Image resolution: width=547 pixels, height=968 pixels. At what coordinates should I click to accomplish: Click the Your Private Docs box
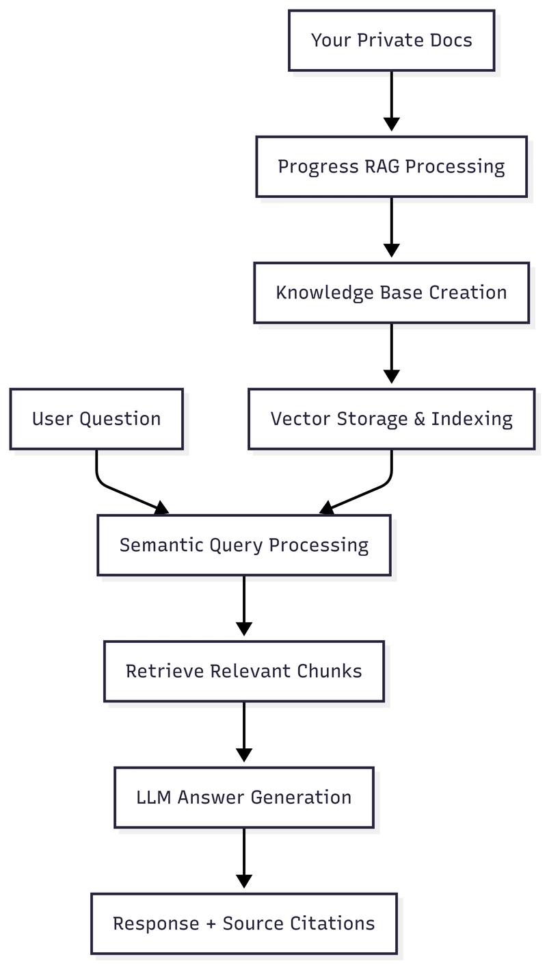391,40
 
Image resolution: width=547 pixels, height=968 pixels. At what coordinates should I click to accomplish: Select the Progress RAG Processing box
391,166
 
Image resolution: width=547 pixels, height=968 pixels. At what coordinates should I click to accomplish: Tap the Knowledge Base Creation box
391,292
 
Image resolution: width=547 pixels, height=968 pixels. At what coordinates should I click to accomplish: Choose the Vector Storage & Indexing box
391,419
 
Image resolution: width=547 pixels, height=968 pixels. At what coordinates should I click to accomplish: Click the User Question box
96,419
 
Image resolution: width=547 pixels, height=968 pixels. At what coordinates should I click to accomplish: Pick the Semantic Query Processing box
243,545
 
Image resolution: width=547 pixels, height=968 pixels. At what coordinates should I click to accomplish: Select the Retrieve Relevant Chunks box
243,671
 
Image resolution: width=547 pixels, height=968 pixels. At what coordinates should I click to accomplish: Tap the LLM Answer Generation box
243,797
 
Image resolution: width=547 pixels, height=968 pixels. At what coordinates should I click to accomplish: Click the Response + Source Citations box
243,924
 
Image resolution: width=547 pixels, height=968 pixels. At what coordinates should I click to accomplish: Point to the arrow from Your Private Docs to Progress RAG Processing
391,99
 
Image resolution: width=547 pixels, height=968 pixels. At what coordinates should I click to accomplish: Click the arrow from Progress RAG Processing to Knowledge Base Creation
391,226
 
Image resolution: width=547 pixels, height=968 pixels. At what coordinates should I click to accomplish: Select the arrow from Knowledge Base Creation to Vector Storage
391,352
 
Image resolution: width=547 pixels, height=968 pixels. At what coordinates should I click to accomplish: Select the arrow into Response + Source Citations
243,856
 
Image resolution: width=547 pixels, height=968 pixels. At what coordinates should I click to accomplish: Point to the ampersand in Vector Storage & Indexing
419,419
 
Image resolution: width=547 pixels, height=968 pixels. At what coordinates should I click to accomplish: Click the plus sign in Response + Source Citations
211,924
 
